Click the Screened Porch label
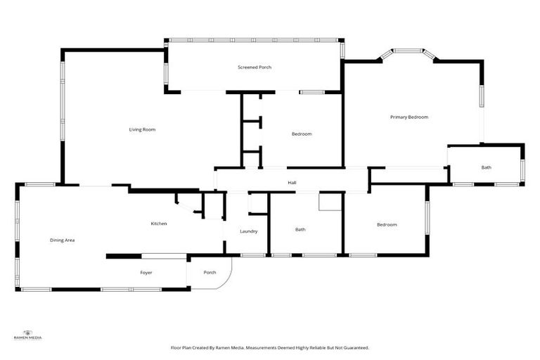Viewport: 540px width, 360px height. click(x=255, y=67)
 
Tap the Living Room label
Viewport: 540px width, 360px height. click(x=142, y=129)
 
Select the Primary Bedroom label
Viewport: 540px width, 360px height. click(x=409, y=117)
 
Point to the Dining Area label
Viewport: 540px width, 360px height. click(x=62, y=240)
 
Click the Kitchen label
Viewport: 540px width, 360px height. click(x=159, y=224)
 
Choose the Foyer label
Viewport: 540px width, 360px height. click(x=146, y=273)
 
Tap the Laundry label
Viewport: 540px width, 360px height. click(x=248, y=231)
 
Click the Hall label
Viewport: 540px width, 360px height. click(x=292, y=183)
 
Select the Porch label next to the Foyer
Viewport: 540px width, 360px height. click(x=210, y=273)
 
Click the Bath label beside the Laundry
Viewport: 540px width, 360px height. click(x=300, y=229)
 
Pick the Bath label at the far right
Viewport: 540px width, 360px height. click(x=487, y=167)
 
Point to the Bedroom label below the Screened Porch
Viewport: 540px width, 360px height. click(x=302, y=134)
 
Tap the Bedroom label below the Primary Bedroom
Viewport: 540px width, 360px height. click(x=387, y=225)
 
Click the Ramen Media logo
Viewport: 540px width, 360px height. click(x=28, y=335)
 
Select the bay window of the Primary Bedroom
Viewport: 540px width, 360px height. click(x=408, y=51)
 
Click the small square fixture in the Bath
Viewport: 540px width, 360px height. click(x=328, y=202)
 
